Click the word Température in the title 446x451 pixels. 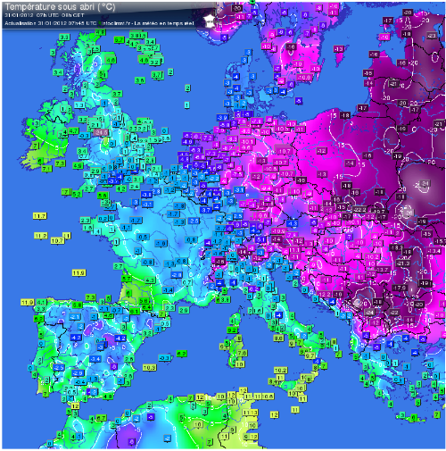click(x=25, y=7)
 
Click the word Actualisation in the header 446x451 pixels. click(x=20, y=22)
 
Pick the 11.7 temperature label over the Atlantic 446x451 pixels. click(x=39, y=217)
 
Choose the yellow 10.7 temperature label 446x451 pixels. click(x=57, y=240)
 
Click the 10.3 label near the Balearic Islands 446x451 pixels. click(x=149, y=367)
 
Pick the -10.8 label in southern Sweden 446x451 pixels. click(x=265, y=92)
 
